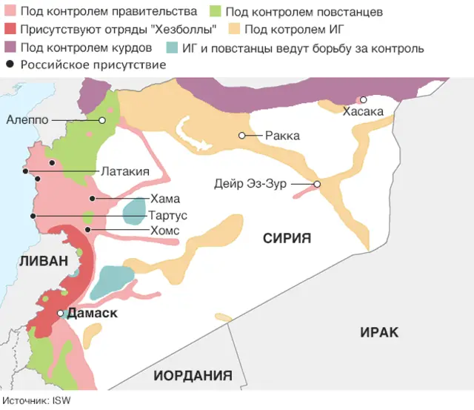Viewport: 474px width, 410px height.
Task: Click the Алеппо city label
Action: point(27,120)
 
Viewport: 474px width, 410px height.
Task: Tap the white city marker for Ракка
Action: point(242,136)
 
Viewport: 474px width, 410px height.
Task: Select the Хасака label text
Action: point(363,111)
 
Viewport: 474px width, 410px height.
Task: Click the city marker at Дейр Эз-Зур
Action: point(317,185)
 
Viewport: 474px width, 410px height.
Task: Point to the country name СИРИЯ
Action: point(287,238)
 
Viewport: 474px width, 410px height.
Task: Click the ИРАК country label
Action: point(379,332)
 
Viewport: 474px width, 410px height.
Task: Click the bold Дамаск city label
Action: point(92,314)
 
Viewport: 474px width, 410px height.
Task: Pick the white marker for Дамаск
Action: point(60,314)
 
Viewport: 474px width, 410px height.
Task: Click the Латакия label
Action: point(125,171)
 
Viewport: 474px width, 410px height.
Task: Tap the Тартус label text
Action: point(167,215)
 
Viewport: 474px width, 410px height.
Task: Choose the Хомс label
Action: point(165,231)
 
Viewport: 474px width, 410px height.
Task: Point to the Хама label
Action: point(164,199)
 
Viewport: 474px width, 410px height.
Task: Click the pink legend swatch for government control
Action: point(10,12)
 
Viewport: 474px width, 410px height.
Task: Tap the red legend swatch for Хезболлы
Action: point(10,30)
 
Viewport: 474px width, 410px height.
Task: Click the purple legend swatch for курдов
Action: point(10,47)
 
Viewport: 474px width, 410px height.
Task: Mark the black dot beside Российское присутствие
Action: point(10,65)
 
